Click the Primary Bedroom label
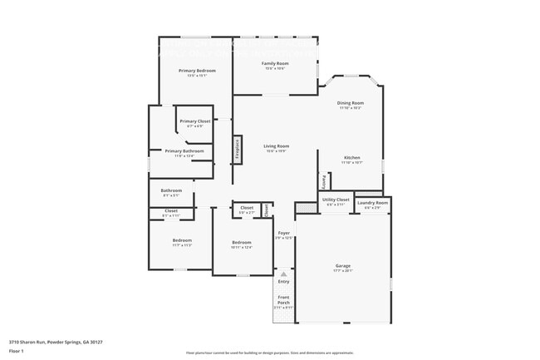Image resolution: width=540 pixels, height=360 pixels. click(197, 71)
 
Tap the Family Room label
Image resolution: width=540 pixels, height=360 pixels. click(275, 63)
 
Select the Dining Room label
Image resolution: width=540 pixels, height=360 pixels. click(350, 103)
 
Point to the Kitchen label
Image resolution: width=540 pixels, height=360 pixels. click(351, 157)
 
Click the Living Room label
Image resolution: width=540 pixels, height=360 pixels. click(276, 146)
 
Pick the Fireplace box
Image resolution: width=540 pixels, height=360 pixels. click(238, 149)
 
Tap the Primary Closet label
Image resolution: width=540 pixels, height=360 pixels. click(195, 121)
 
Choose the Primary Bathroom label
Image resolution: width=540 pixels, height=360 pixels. click(184, 150)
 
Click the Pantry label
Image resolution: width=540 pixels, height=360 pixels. click(322, 180)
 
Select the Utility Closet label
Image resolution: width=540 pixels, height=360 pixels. click(336, 200)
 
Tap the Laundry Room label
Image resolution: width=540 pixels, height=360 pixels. click(372, 203)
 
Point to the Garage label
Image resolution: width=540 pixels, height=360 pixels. click(343, 266)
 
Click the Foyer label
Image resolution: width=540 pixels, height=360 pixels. click(284, 233)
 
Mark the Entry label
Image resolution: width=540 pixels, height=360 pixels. click(284, 281)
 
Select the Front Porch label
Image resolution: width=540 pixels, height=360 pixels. click(284, 299)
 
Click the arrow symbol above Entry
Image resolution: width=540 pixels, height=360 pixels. click(284, 273)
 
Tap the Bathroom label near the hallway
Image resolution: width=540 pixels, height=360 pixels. click(171, 190)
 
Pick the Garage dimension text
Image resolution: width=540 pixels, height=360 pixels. click(343, 271)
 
